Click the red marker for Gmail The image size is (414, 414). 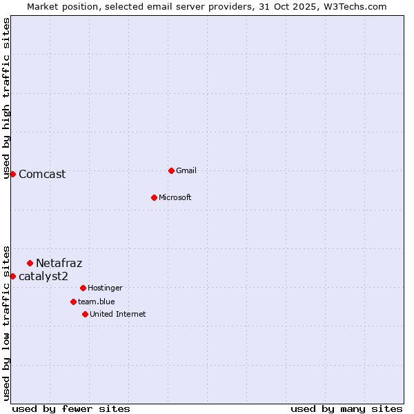click(x=171, y=170)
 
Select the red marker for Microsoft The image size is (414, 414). click(x=154, y=197)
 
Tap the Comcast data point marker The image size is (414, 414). click(x=12, y=174)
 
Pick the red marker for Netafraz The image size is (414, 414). click(x=30, y=263)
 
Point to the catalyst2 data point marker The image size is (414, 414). click(x=12, y=276)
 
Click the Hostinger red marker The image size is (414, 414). click(x=83, y=288)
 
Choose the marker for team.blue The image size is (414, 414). click(x=73, y=302)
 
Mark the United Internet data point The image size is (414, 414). click(x=85, y=314)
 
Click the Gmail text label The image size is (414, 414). click(x=186, y=170)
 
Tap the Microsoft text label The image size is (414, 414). click(x=175, y=197)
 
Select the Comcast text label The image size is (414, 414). click(x=42, y=174)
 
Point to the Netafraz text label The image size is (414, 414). click(x=59, y=263)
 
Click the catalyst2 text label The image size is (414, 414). click(x=43, y=276)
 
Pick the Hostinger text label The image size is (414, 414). click(x=105, y=288)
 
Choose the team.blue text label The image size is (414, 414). click(x=97, y=302)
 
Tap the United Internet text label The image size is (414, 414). click(x=118, y=314)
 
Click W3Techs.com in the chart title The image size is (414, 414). click(x=353, y=6)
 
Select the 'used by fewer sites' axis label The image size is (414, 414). click(x=71, y=408)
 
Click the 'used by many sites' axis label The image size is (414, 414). click(x=346, y=408)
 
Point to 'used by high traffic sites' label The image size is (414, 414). click(x=6, y=98)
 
